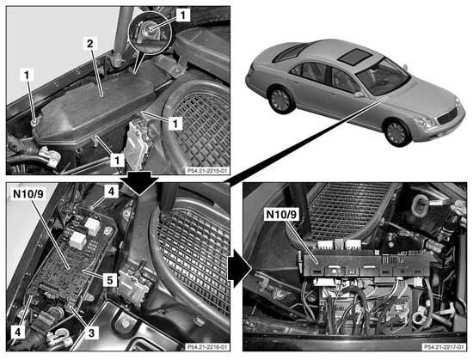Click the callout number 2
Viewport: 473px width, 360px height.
[90, 45]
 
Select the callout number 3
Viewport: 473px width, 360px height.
[91, 333]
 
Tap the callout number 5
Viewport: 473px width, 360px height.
[110, 280]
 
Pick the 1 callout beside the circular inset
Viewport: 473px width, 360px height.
[182, 15]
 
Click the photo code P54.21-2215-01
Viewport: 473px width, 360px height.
[206, 171]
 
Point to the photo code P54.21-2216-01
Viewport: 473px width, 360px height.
[206, 347]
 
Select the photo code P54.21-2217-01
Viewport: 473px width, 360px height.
[444, 347]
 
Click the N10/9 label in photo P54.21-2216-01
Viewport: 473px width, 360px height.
[28, 194]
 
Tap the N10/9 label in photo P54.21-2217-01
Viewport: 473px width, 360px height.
[281, 215]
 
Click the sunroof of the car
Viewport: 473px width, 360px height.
[354, 57]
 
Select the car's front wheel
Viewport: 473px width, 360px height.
[397, 132]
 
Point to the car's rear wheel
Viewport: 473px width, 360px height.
[281, 100]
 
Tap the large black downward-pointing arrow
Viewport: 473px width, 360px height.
[139, 181]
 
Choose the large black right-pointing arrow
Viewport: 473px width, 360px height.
[240, 268]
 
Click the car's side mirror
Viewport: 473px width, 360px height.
[359, 95]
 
